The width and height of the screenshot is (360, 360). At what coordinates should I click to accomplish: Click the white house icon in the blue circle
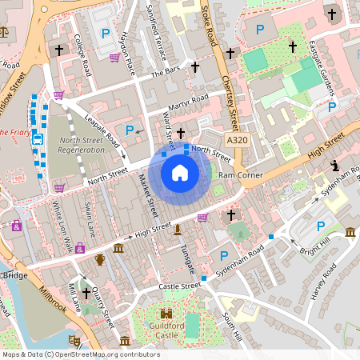pyautogui.click(x=180, y=172)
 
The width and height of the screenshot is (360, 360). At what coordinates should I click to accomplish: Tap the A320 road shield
pyautogui.click(x=237, y=140)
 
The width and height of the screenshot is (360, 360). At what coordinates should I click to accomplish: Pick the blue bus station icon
pyautogui.click(x=38, y=139)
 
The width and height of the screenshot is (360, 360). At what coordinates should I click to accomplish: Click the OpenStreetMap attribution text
pyautogui.click(x=80, y=354)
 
